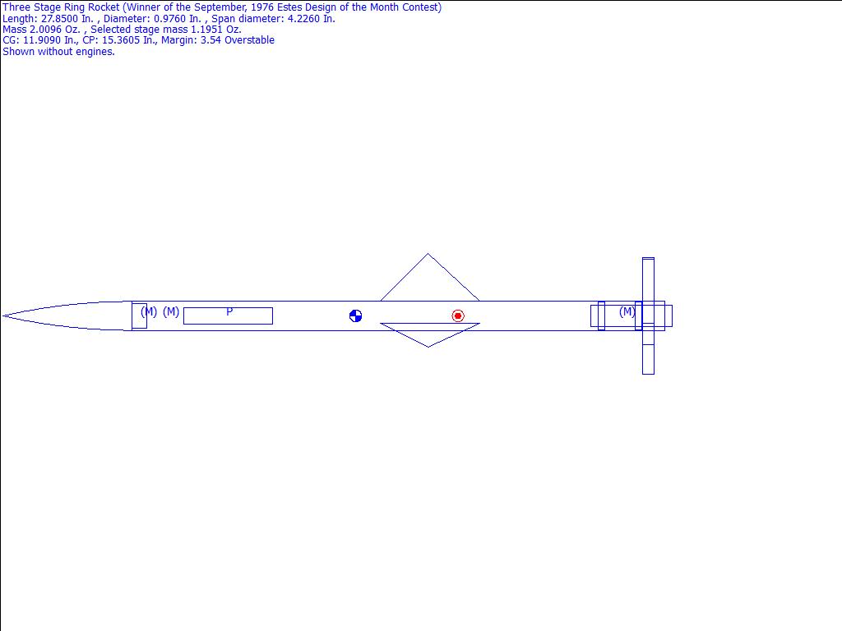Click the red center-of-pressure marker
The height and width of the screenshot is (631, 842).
pyautogui.click(x=457, y=316)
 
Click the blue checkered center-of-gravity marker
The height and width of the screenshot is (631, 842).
pyautogui.click(x=355, y=316)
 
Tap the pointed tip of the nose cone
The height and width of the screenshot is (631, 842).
pyautogui.click(x=3, y=316)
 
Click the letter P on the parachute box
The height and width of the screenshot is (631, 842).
pyautogui.click(x=229, y=311)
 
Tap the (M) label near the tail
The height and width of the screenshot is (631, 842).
pyautogui.click(x=627, y=311)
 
